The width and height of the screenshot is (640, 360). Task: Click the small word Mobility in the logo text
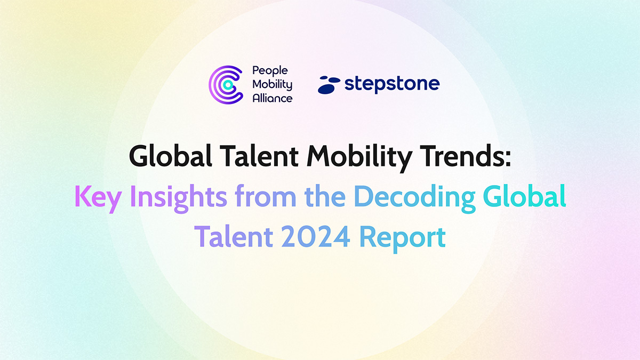tap(273, 84)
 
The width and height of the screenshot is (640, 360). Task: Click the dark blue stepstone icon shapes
tap(329, 85)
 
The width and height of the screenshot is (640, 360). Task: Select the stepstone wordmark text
tap(391, 84)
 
